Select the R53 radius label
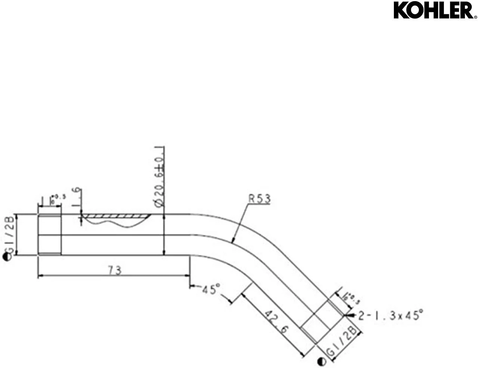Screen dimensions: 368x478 click(260, 199)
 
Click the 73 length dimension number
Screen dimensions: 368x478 click(115, 270)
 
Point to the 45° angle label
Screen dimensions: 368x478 click(211, 289)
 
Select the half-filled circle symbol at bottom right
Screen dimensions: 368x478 click(321, 362)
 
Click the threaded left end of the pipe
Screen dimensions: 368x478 click(50, 235)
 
